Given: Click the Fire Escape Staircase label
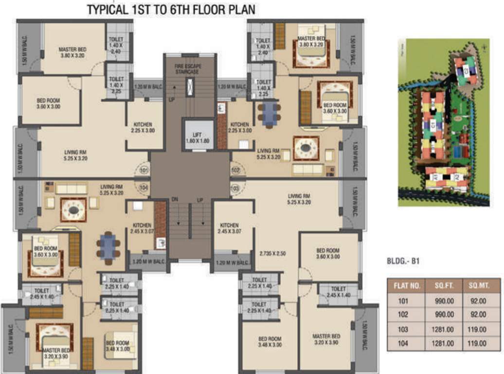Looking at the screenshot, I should [x=188, y=69].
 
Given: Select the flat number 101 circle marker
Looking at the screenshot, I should [x=144, y=171].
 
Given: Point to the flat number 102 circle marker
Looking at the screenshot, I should [x=235, y=171].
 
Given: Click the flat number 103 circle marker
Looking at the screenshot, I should [x=235, y=187].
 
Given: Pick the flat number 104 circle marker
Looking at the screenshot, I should [x=144, y=187].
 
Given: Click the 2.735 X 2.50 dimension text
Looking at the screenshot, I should [x=272, y=254].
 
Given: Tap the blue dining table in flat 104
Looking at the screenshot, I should [x=108, y=247].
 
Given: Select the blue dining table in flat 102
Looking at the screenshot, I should [x=269, y=114].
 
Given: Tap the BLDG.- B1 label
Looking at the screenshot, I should [x=403, y=261].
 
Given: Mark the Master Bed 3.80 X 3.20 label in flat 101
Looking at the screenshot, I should [x=73, y=53].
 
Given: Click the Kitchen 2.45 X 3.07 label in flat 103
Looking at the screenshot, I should [x=229, y=228].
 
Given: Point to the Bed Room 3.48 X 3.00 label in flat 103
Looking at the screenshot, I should [x=270, y=342].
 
